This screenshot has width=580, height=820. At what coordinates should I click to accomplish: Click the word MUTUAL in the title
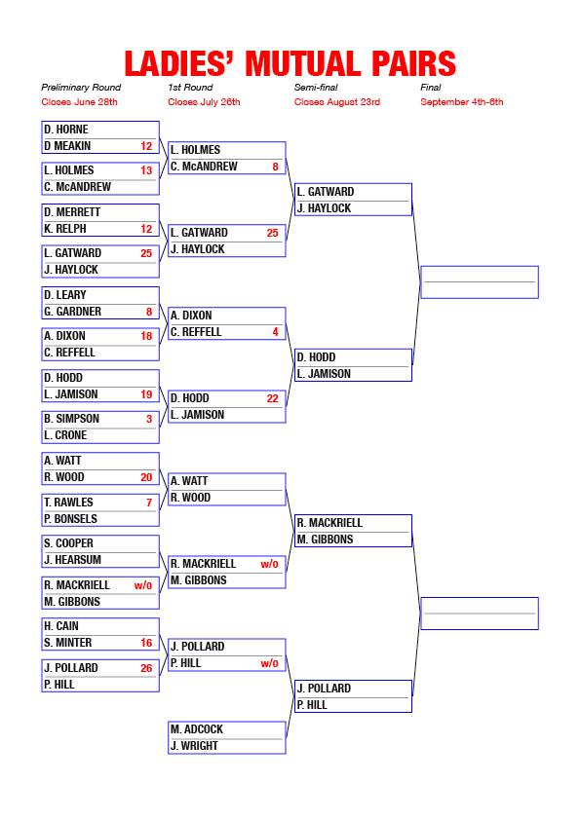coord(303,64)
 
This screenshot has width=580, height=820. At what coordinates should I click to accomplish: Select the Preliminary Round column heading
coord(81,88)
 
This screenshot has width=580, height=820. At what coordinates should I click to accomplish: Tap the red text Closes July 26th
coord(204,102)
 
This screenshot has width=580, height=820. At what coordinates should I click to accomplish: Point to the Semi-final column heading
coord(316,88)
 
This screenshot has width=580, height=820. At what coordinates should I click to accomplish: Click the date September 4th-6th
coord(462,102)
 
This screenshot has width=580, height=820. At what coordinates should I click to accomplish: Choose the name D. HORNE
coord(66,130)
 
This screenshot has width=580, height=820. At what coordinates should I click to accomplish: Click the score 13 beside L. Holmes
coord(146,170)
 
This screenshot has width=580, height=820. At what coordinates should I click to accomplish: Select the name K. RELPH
coord(65,229)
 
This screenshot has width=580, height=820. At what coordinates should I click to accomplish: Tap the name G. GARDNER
coord(73,312)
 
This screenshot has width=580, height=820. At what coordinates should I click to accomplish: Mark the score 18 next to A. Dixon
coord(146,336)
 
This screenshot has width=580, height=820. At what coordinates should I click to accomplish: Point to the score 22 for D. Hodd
coord(272,398)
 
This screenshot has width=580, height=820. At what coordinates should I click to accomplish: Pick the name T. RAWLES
coord(68,503)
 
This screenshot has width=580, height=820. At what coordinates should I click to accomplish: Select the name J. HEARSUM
coord(73,560)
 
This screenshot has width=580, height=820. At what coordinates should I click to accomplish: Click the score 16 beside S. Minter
coord(146,643)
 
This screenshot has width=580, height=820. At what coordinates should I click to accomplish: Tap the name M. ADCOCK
coord(197,729)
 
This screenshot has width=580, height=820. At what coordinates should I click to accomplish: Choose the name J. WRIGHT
coord(194,746)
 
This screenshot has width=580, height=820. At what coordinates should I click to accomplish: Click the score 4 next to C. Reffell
coord(275,332)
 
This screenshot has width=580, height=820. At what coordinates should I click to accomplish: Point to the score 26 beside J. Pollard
coord(146,668)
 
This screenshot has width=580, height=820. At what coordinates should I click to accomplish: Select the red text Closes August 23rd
coord(337,102)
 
